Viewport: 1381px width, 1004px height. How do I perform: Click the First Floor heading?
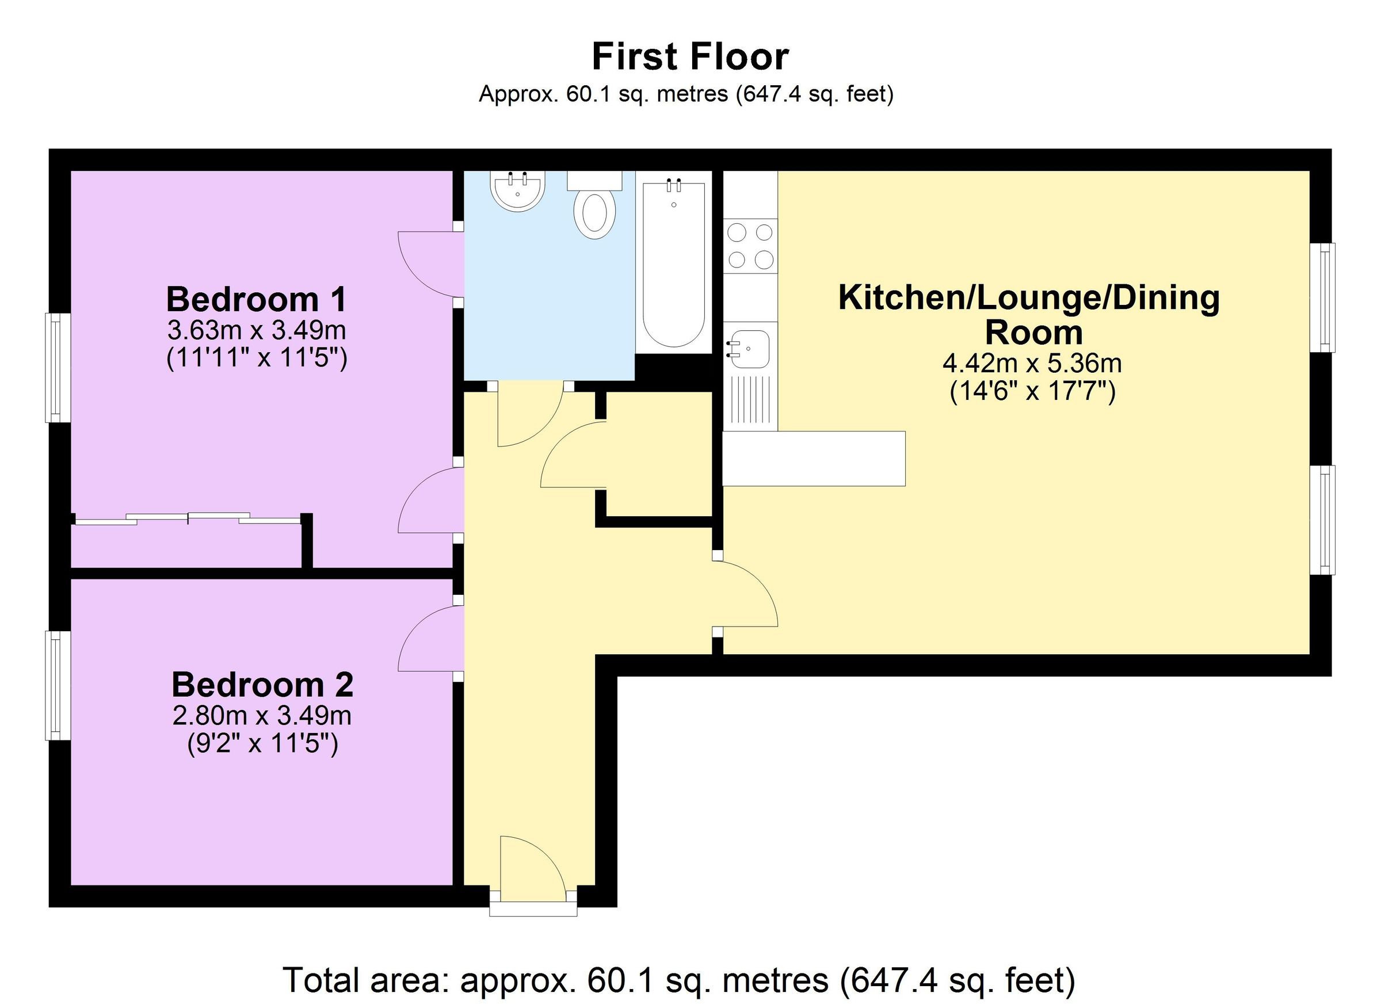coord(690,57)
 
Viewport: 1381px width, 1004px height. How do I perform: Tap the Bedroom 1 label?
coord(257,300)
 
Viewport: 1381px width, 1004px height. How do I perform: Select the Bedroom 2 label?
coord(262,684)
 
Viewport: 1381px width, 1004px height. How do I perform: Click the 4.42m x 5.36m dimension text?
coord(1032,364)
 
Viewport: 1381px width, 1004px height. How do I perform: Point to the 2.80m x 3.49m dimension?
coord(262,715)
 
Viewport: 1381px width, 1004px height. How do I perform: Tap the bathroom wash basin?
coord(517,190)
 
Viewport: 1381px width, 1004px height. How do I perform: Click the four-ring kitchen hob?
coord(750,246)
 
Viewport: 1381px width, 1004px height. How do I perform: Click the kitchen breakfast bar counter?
coord(813,459)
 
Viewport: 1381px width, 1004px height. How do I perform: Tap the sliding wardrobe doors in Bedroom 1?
coord(188,519)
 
